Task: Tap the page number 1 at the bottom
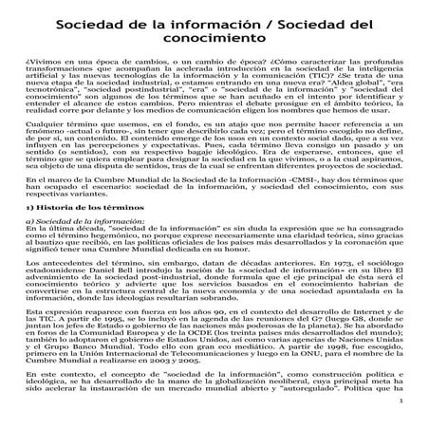click(x=403, y=413)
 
